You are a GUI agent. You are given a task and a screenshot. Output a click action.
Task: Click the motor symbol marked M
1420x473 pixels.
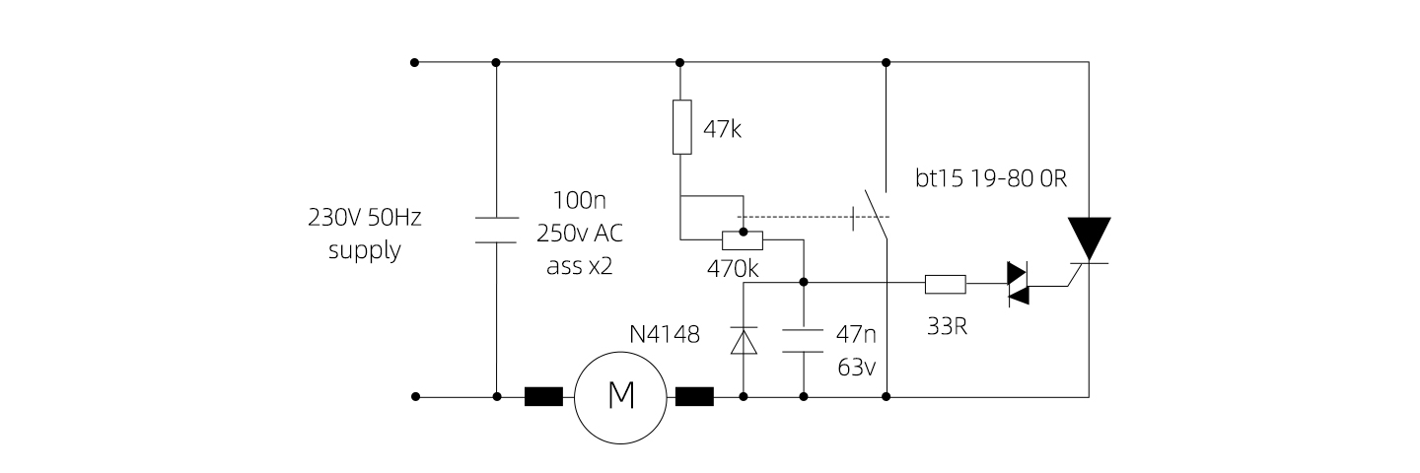pyautogui.click(x=621, y=396)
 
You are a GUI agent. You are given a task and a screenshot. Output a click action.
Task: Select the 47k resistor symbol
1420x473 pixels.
pyautogui.click(x=681, y=126)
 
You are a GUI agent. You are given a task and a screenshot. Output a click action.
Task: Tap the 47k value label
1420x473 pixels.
pyautogui.click(x=722, y=128)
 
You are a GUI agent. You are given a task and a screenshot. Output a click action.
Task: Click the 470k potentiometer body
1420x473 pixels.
pyautogui.click(x=743, y=239)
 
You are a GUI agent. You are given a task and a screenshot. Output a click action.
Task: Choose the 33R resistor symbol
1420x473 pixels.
pyautogui.click(x=945, y=285)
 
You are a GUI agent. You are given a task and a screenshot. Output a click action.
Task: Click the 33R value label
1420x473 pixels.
pyautogui.click(x=947, y=325)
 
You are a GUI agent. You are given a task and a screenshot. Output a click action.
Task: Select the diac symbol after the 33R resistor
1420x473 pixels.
pyautogui.click(x=1018, y=285)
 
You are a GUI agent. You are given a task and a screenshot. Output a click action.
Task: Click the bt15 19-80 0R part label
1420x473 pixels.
pyautogui.click(x=991, y=180)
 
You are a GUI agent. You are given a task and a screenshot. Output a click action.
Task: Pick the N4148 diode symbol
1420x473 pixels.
pyautogui.click(x=743, y=341)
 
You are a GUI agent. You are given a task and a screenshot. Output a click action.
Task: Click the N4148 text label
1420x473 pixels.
pyautogui.click(x=665, y=334)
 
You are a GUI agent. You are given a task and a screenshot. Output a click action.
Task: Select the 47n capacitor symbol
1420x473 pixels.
pyautogui.click(x=804, y=341)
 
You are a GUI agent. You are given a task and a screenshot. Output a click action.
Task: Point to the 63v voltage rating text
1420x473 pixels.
pyautogui.click(x=857, y=368)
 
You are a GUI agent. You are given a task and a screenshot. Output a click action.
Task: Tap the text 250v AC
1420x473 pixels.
pyautogui.click(x=580, y=234)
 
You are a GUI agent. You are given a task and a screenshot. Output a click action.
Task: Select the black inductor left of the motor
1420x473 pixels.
pyautogui.click(x=543, y=397)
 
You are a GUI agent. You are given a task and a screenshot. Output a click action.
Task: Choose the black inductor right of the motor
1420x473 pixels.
pyautogui.click(x=694, y=397)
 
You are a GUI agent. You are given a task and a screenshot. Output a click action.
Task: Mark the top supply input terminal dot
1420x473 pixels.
pyautogui.click(x=415, y=62)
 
